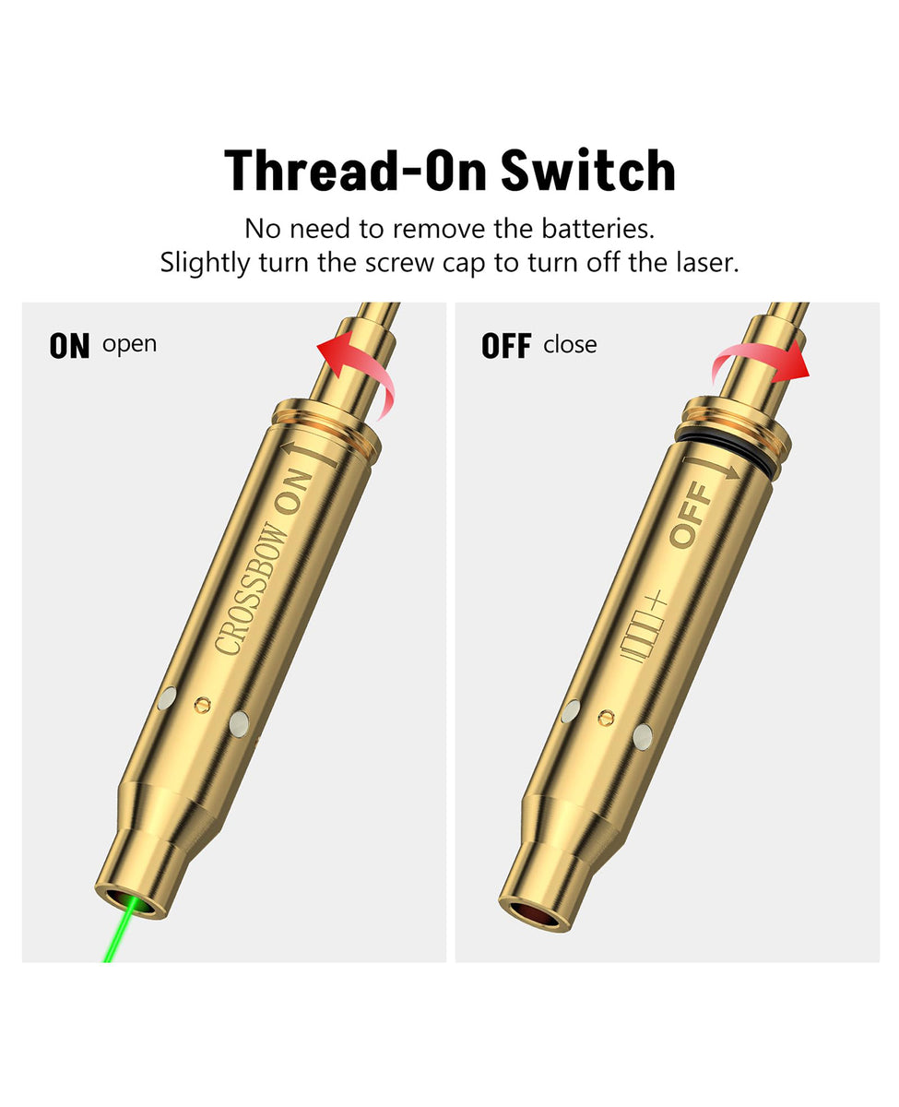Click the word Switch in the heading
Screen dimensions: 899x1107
587,170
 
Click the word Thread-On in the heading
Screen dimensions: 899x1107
355,170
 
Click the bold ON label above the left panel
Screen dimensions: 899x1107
69,346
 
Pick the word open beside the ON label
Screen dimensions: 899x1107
129,345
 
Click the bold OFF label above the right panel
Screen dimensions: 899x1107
506,346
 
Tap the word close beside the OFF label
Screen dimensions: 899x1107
570,345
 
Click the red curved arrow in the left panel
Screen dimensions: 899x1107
356,374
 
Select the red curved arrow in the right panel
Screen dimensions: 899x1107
761,364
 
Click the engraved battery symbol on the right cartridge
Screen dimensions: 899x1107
644,626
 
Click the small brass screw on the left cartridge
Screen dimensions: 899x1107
203,705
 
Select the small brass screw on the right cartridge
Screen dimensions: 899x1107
606,718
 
